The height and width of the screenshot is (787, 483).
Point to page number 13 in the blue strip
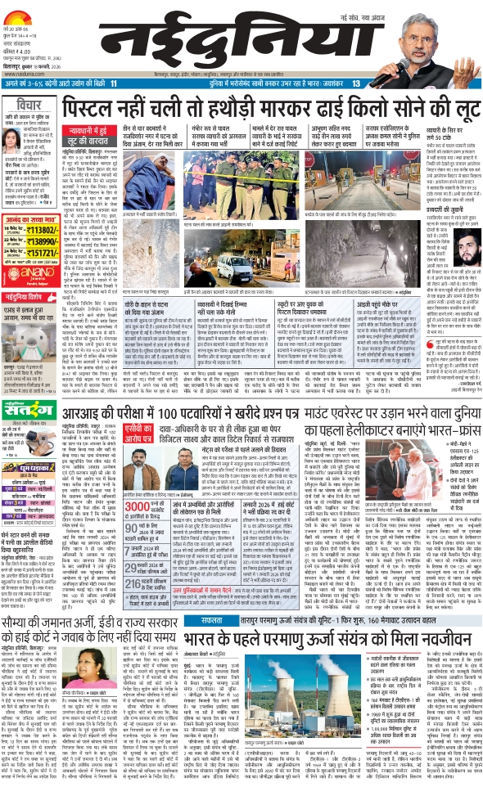tap(356, 84)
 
